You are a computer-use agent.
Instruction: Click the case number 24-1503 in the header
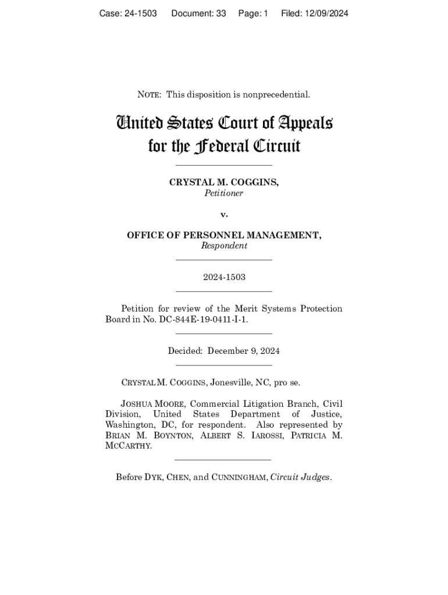pyautogui.click(x=141, y=13)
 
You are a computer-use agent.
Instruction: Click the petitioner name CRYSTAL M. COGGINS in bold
pyautogui.click(x=223, y=182)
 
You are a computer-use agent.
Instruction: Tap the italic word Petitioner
pyautogui.click(x=223, y=193)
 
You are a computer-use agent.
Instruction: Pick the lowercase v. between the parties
pyautogui.click(x=224, y=214)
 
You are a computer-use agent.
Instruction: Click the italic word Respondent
pyautogui.click(x=224, y=246)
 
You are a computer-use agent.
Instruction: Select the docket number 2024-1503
pyautogui.click(x=224, y=277)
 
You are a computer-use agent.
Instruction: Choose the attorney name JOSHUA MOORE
pyautogui.click(x=152, y=404)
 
